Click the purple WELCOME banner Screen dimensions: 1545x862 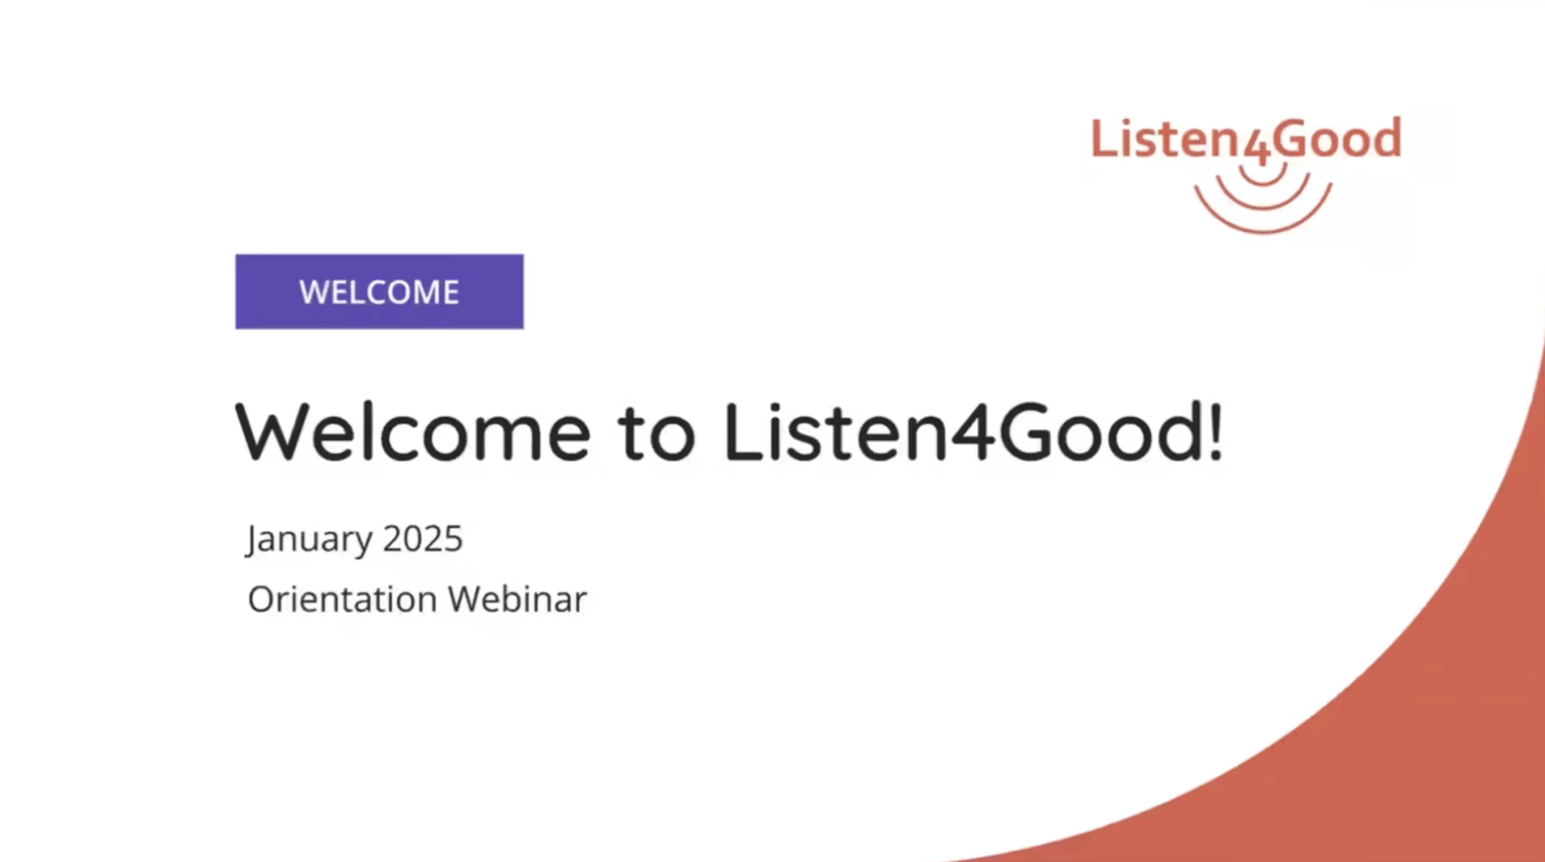point(379,292)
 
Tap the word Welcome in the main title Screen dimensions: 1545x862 point(413,432)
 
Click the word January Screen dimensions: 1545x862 point(309,540)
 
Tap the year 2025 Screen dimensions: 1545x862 point(423,538)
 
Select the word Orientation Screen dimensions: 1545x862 point(342,599)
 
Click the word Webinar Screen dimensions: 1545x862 point(517,599)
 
